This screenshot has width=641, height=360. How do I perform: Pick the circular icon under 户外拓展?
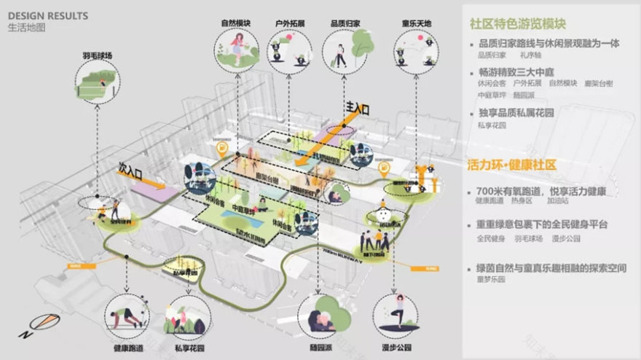(289, 51)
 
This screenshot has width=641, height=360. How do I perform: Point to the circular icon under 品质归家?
(342, 51)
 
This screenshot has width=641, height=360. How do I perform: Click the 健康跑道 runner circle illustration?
(127, 316)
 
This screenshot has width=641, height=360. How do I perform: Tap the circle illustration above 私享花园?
(180, 316)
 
